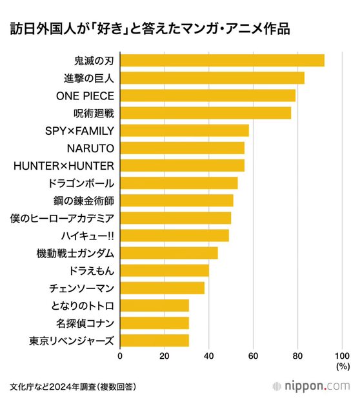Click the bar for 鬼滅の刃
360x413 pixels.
point(223,61)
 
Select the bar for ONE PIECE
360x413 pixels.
point(208,96)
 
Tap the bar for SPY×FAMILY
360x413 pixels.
point(185,130)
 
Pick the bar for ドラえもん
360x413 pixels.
point(165,270)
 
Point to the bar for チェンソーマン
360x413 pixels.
point(163,288)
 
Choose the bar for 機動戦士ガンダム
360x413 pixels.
point(169,253)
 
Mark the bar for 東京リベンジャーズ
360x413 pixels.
point(155,341)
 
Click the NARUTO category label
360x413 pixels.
point(90,148)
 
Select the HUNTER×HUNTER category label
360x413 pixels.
point(64,166)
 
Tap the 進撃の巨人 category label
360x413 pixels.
point(89,79)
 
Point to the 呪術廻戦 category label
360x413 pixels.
point(94,114)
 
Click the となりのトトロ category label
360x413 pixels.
point(83,306)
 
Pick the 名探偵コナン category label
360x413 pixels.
point(85,323)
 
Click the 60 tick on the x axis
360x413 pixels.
point(253,356)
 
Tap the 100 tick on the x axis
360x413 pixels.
point(342,356)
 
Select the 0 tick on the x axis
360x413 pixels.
point(120,356)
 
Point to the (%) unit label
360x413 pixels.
point(343,367)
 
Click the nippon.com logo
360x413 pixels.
point(311,387)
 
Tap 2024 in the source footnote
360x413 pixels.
point(58,387)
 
